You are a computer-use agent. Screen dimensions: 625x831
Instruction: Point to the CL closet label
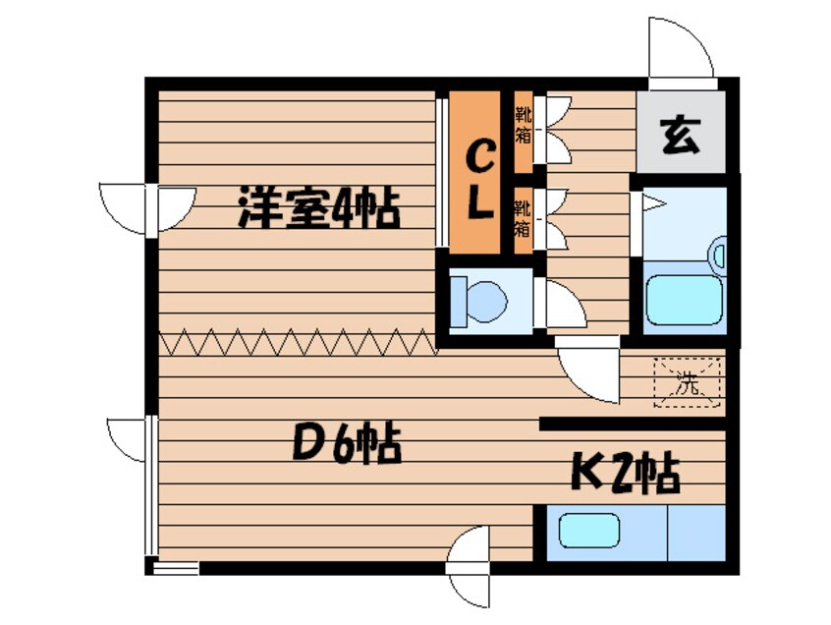tap(478, 179)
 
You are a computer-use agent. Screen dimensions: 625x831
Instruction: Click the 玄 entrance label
tap(680, 135)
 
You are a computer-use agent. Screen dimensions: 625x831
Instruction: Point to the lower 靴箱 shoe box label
tap(524, 217)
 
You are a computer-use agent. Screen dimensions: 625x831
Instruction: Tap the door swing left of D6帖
tap(125, 436)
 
